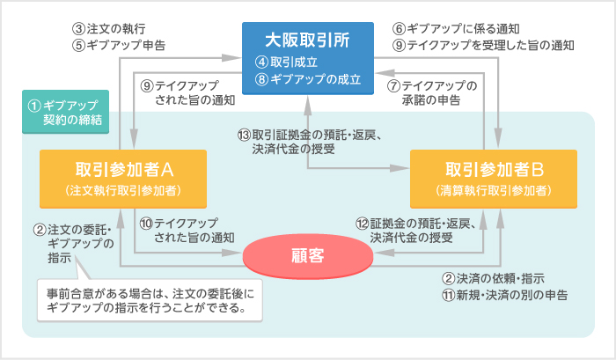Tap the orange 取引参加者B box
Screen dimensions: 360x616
[x=493, y=179]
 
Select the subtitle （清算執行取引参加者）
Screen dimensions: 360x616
[x=493, y=190]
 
